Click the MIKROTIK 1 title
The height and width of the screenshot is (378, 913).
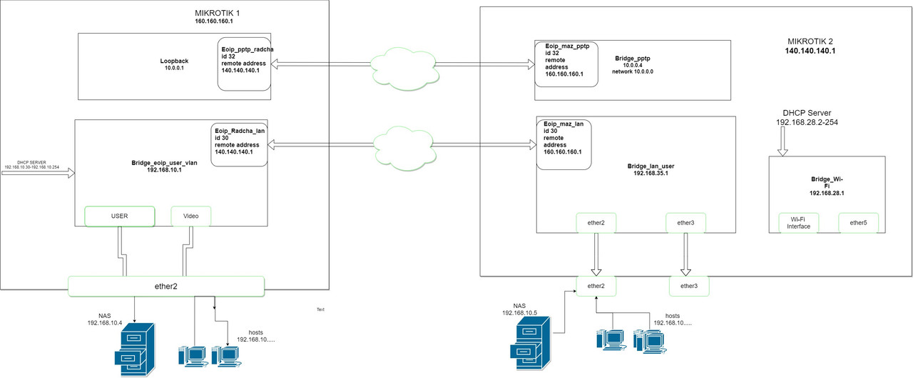(x=217, y=13)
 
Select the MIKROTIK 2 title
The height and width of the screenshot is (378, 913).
(x=810, y=41)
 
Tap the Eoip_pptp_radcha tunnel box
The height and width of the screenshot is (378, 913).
(x=244, y=64)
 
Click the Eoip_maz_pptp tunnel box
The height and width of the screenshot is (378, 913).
(x=566, y=64)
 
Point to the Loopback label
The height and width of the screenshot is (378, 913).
(x=174, y=61)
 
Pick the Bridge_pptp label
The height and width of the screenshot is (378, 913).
(x=633, y=59)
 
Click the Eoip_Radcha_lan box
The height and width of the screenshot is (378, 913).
(x=239, y=145)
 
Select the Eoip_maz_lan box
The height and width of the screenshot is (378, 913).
(x=563, y=144)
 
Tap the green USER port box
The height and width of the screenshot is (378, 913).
(x=119, y=216)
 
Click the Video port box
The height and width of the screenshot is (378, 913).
(x=190, y=216)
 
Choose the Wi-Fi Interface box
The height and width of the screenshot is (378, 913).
(x=798, y=223)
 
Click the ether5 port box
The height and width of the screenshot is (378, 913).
(x=858, y=223)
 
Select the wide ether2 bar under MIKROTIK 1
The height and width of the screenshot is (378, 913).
(x=166, y=286)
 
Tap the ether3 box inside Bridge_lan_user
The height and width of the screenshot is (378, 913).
(x=685, y=223)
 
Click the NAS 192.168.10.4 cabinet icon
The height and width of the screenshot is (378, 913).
(x=135, y=350)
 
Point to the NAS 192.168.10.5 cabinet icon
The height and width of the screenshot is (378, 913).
(x=530, y=343)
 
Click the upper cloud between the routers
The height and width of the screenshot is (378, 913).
(x=405, y=69)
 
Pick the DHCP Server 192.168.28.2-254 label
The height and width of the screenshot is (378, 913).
(x=807, y=118)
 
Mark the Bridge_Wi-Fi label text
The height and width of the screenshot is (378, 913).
(x=827, y=186)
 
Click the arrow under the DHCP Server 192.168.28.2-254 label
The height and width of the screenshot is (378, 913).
(x=782, y=141)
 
